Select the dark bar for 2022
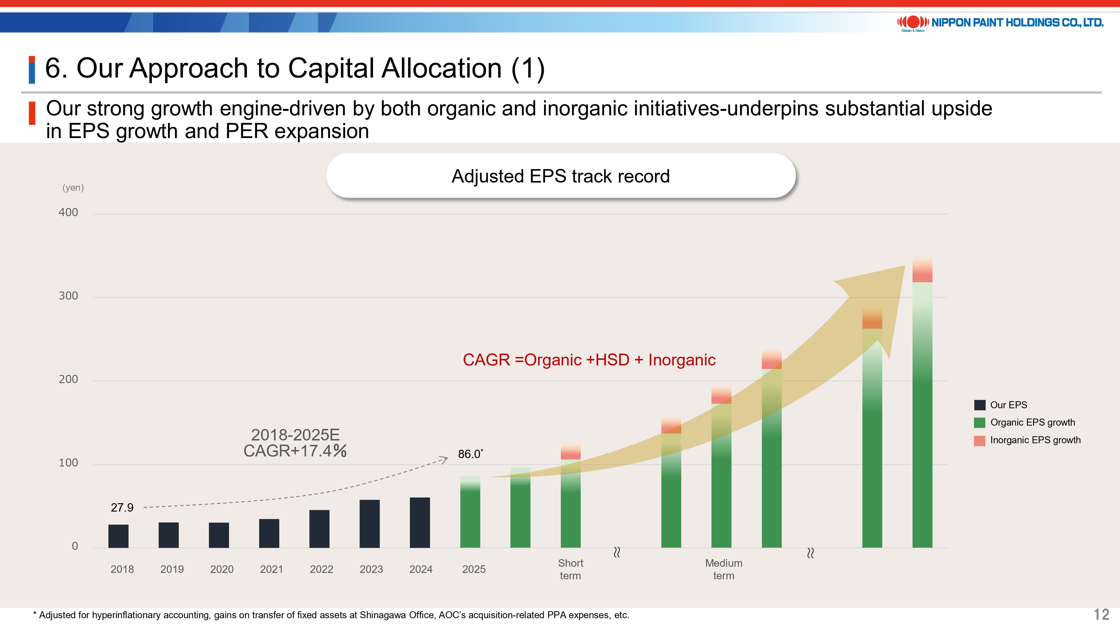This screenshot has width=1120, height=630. click(x=319, y=529)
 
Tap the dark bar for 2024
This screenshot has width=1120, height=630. click(x=419, y=522)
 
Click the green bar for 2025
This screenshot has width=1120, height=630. click(x=470, y=513)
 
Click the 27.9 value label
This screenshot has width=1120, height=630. click(x=122, y=507)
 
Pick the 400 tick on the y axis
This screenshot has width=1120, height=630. click(x=68, y=213)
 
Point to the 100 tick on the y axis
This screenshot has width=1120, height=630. click(x=68, y=463)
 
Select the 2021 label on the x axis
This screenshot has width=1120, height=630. click(x=271, y=569)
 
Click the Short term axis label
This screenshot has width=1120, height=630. click(x=570, y=569)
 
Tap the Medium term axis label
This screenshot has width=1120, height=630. click(x=724, y=569)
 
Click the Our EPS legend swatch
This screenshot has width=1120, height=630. click(x=979, y=405)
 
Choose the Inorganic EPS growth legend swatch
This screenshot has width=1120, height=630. click(x=979, y=440)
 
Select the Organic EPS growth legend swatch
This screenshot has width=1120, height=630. click(x=979, y=423)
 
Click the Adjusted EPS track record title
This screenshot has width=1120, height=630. click(x=561, y=176)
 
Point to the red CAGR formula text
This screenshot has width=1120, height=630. click(x=589, y=360)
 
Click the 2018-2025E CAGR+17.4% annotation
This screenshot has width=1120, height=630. click(x=295, y=443)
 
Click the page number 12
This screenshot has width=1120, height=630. click(x=1101, y=614)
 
